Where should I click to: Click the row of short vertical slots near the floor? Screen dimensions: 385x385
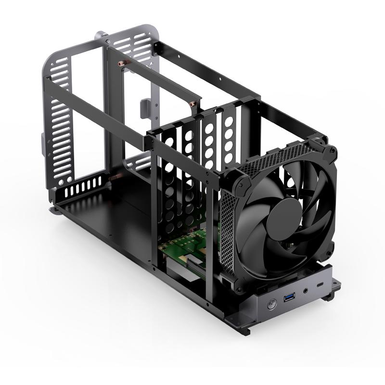(x=84, y=187)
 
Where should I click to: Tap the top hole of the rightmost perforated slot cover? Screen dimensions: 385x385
(x=228, y=122)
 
